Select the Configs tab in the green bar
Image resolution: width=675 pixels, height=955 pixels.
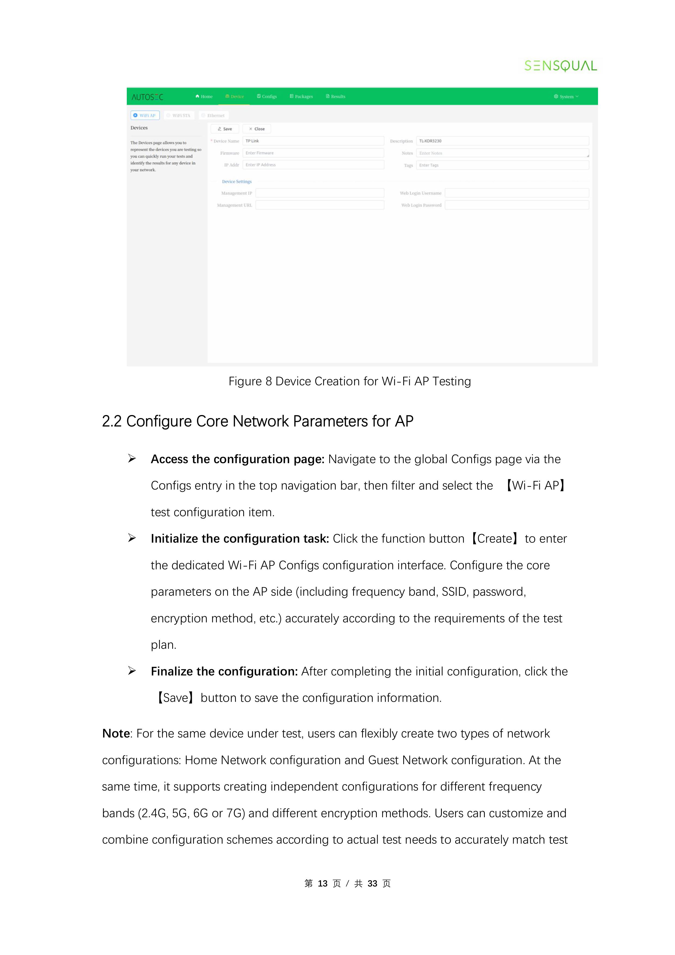[267, 97]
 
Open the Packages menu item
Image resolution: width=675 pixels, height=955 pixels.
[301, 97]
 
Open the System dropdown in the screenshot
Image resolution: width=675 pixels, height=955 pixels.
[566, 97]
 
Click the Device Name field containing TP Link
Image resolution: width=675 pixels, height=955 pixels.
[313, 141]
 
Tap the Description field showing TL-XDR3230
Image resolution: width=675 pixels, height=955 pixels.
[503, 141]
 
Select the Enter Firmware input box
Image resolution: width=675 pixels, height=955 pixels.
[313, 153]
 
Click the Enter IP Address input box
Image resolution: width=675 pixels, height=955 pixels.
[313, 165]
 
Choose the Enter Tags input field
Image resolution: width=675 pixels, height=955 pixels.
[503, 165]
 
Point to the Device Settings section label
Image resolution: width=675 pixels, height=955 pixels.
[237, 182]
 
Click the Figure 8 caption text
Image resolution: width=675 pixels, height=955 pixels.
[349, 381]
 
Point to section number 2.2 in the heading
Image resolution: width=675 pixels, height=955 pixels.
[112, 421]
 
